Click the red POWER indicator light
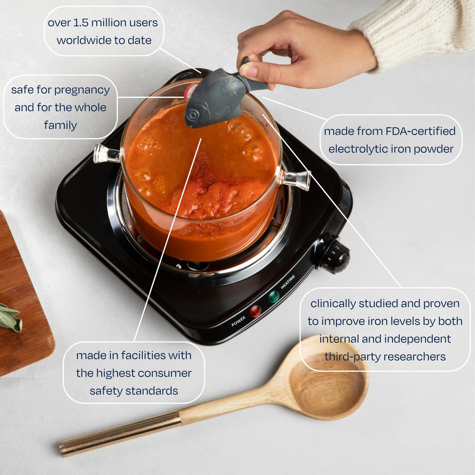[x=255, y=311]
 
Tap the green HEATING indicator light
[x=274, y=297]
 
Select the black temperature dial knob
[x=334, y=256]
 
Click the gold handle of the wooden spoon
[x=120, y=433]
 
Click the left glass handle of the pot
[x=106, y=154]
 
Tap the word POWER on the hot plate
[x=238, y=322]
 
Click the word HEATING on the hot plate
[x=288, y=282]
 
